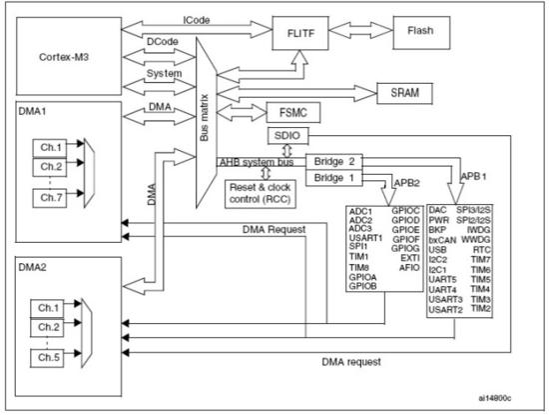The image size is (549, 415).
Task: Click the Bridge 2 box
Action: point(335,160)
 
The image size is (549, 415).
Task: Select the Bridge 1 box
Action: point(335,177)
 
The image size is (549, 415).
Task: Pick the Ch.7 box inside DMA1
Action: point(52,197)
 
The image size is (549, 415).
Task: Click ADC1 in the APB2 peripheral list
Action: point(360,211)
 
